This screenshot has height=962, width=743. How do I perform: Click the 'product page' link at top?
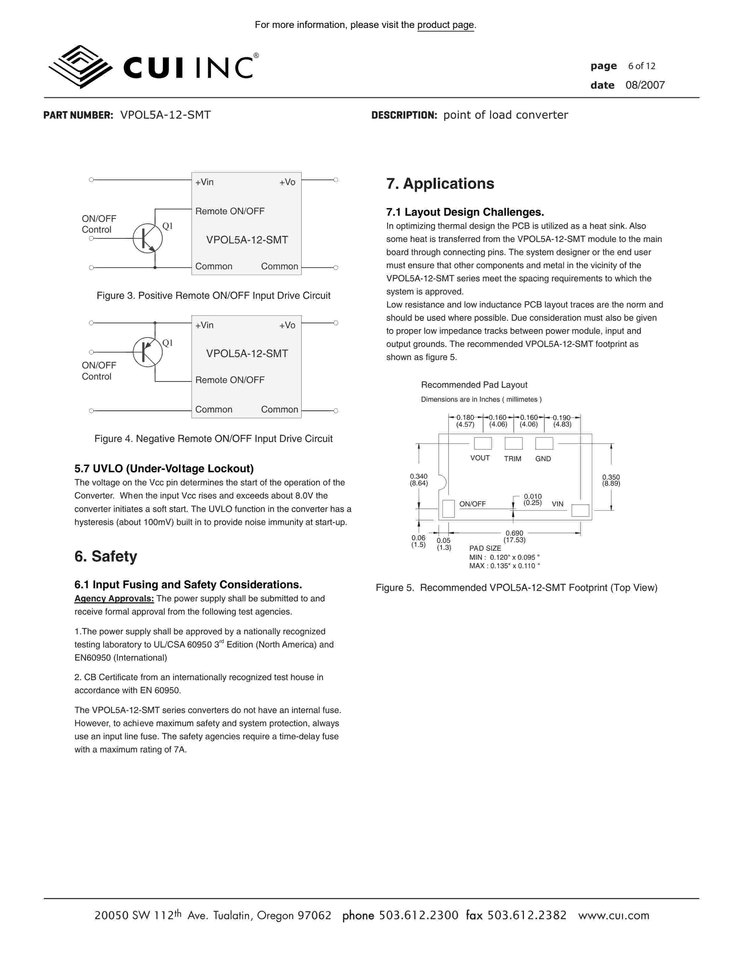[446, 25]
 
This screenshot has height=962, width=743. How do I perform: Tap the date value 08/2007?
[645, 85]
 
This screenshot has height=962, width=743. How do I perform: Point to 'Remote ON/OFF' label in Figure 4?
[230, 380]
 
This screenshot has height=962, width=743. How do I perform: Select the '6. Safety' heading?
[106, 556]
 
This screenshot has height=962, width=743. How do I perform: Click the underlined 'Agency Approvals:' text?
[114, 598]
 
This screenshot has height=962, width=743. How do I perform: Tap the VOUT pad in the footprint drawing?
[483, 443]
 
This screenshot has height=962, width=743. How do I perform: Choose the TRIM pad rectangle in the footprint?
[513, 443]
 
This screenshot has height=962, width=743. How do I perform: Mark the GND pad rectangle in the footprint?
[544, 443]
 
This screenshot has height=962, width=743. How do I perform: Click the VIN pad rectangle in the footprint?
[580, 510]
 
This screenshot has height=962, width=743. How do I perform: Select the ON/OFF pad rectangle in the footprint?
[448, 509]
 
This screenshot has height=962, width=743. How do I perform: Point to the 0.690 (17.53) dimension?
[514, 536]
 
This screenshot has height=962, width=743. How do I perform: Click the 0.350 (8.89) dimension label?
[611, 480]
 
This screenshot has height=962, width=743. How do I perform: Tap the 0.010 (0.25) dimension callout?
[533, 499]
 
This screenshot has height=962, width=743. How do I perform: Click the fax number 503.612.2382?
[527, 915]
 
